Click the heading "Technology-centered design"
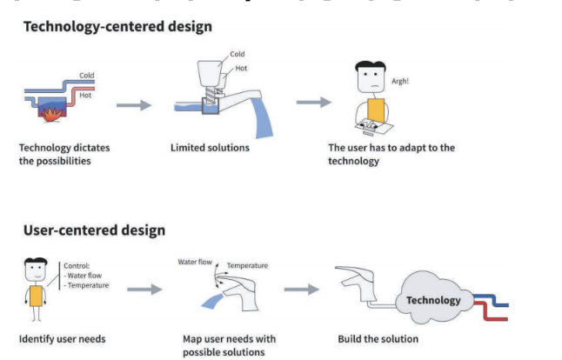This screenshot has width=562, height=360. (x=117, y=26)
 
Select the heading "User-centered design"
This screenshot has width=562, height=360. (x=93, y=230)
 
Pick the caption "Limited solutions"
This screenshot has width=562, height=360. (x=210, y=147)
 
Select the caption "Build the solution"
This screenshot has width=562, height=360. (x=378, y=338)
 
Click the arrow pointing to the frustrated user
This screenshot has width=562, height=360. (x=313, y=103)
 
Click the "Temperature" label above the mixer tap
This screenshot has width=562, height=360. (x=247, y=265)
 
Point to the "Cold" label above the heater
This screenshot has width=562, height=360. (x=86, y=76)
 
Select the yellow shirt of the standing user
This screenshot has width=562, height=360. (x=36, y=297)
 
